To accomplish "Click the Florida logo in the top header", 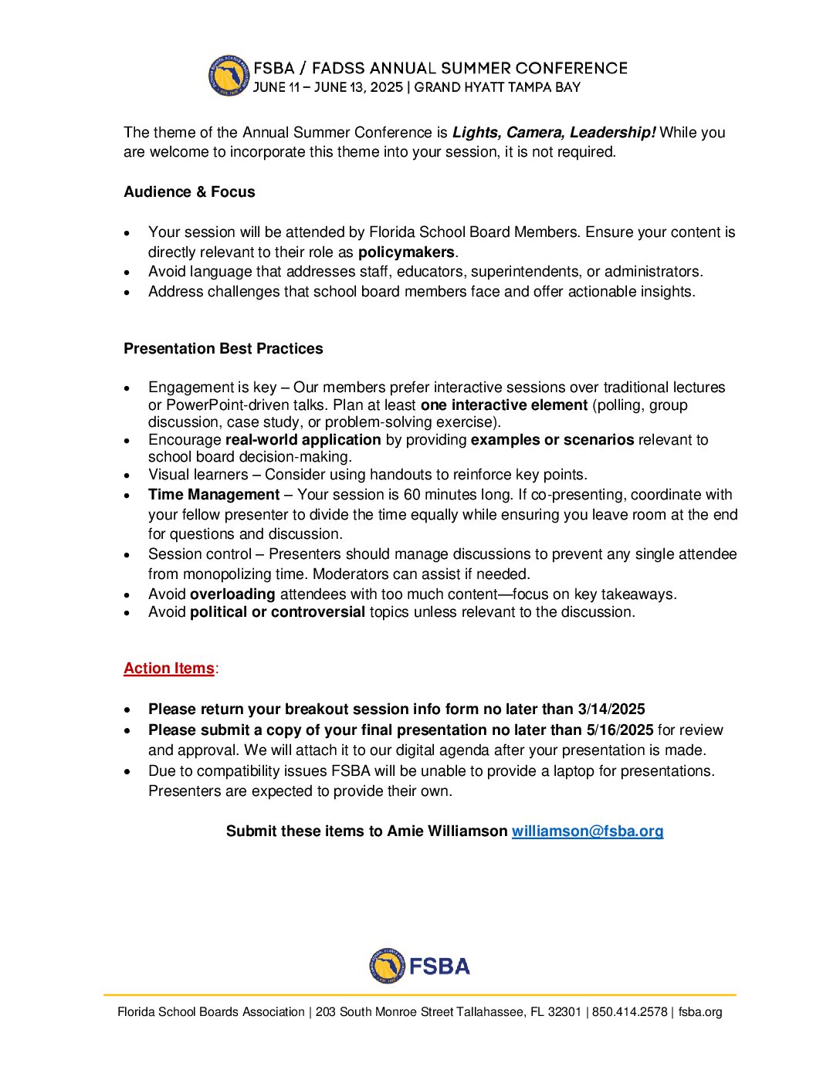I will [229, 76].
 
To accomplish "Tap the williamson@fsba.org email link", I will [587, 831].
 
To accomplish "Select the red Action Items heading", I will [169, 668].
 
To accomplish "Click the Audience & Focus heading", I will [189, 191].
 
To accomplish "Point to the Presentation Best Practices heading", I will [223, 348].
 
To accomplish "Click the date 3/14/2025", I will [611, 709].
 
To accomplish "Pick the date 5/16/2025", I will [619, 730].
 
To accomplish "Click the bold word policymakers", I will [406, 252].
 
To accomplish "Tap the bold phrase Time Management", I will [214, 494].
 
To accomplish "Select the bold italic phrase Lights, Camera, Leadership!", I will [554, 132].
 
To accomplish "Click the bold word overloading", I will [232, 594].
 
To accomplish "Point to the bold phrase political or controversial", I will [277, 611].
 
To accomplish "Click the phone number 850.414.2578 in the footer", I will [629, 1011].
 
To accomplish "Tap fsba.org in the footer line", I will [700, 1011].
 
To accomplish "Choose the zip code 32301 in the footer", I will [564, 1011].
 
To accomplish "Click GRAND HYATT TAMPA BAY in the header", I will [497, 87].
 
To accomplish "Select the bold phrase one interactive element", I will [504, 405].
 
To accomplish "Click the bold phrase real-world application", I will [303, 439].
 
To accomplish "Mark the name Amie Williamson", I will [447, 831].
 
